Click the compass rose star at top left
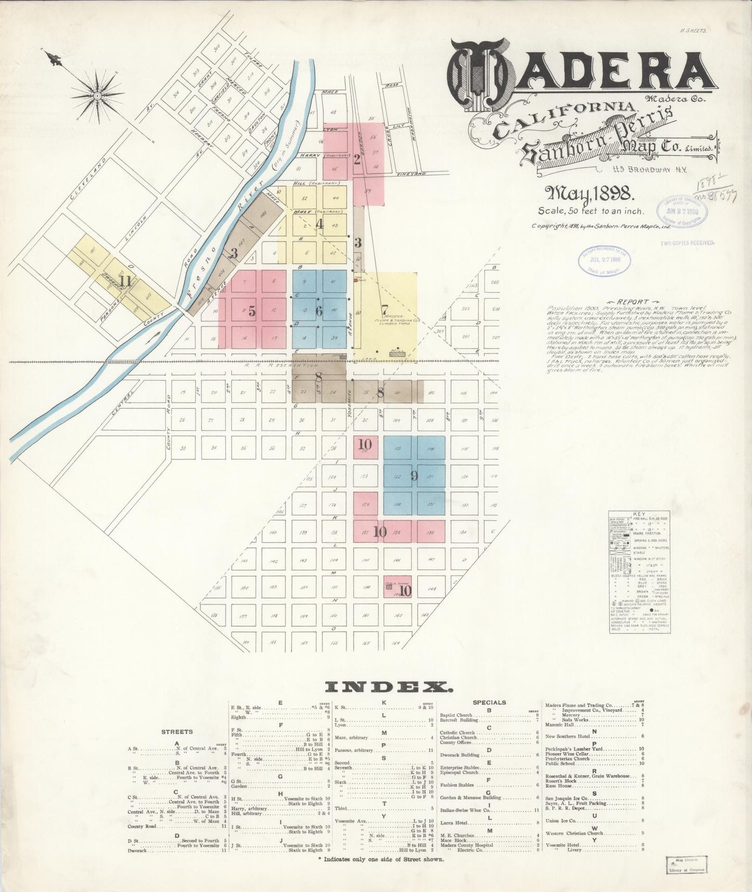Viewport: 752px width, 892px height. (x=97, y=96)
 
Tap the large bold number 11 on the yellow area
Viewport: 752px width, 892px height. (x=125, y=282)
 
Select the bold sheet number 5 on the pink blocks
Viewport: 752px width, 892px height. (x=252, y=312)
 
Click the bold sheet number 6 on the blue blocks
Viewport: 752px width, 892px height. (x=319, y=311)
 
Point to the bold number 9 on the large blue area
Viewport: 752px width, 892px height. (x=414, y=476)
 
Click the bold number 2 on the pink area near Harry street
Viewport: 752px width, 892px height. (x=357, y=159)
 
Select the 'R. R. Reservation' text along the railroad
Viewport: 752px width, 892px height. (x=281, y=365)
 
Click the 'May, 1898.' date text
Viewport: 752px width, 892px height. (x=589, y=195)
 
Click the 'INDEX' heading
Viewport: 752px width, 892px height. (x=388, y=687)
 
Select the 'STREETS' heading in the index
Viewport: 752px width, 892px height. (x=177, y=732)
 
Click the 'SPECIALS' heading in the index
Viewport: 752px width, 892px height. (x=489, y=703)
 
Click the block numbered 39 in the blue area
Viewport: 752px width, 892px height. (x=334, y=338)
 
